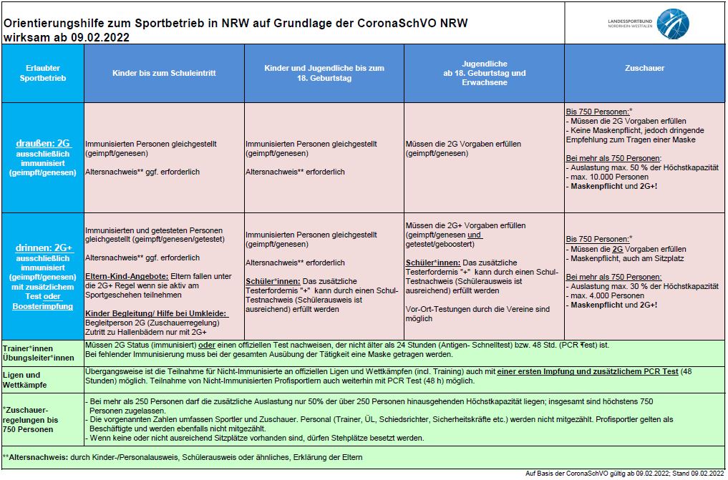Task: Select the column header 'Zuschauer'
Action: tap(644, 69)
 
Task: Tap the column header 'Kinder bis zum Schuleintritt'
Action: tap(164, 73)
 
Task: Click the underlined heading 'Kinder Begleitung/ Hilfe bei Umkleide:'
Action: tap(153, 313)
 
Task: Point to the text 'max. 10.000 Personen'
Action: tap(608, 177)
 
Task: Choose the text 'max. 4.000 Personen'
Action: tap(607, 295)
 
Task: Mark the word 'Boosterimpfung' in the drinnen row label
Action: tap(43, 306)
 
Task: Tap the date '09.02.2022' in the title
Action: tap(100, 38)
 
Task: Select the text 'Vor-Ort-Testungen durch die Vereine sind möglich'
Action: tap(477, 314)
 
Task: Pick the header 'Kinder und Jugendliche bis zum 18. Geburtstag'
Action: tap(324, 73)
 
